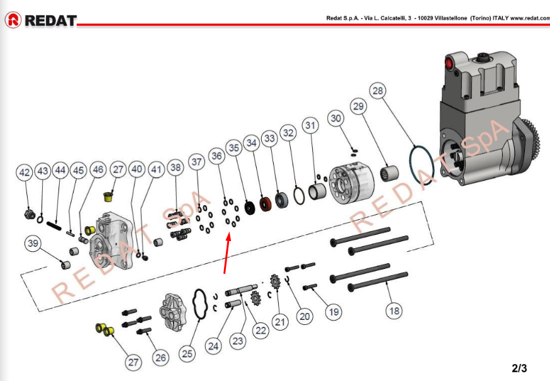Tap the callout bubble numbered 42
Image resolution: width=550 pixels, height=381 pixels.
coord(25,173)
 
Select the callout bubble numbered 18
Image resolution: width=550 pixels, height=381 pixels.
coord(395,310)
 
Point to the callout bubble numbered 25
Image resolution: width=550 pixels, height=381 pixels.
coord(187,354)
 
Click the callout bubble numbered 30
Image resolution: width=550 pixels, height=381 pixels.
coord(336,118)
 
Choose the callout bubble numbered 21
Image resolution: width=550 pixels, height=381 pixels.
coord(280,322)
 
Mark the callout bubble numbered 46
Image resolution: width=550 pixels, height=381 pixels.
coord(98,169)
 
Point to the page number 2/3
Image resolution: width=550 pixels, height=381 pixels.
coord(519,368)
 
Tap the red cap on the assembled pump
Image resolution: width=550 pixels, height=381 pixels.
coord(449,63)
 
